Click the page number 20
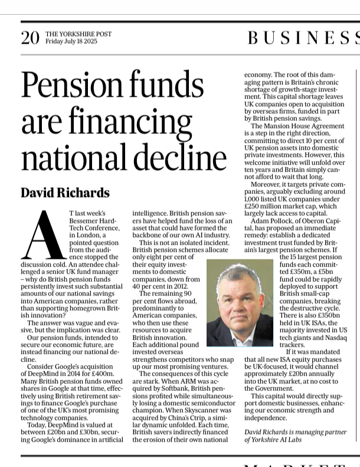click(30, 38)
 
